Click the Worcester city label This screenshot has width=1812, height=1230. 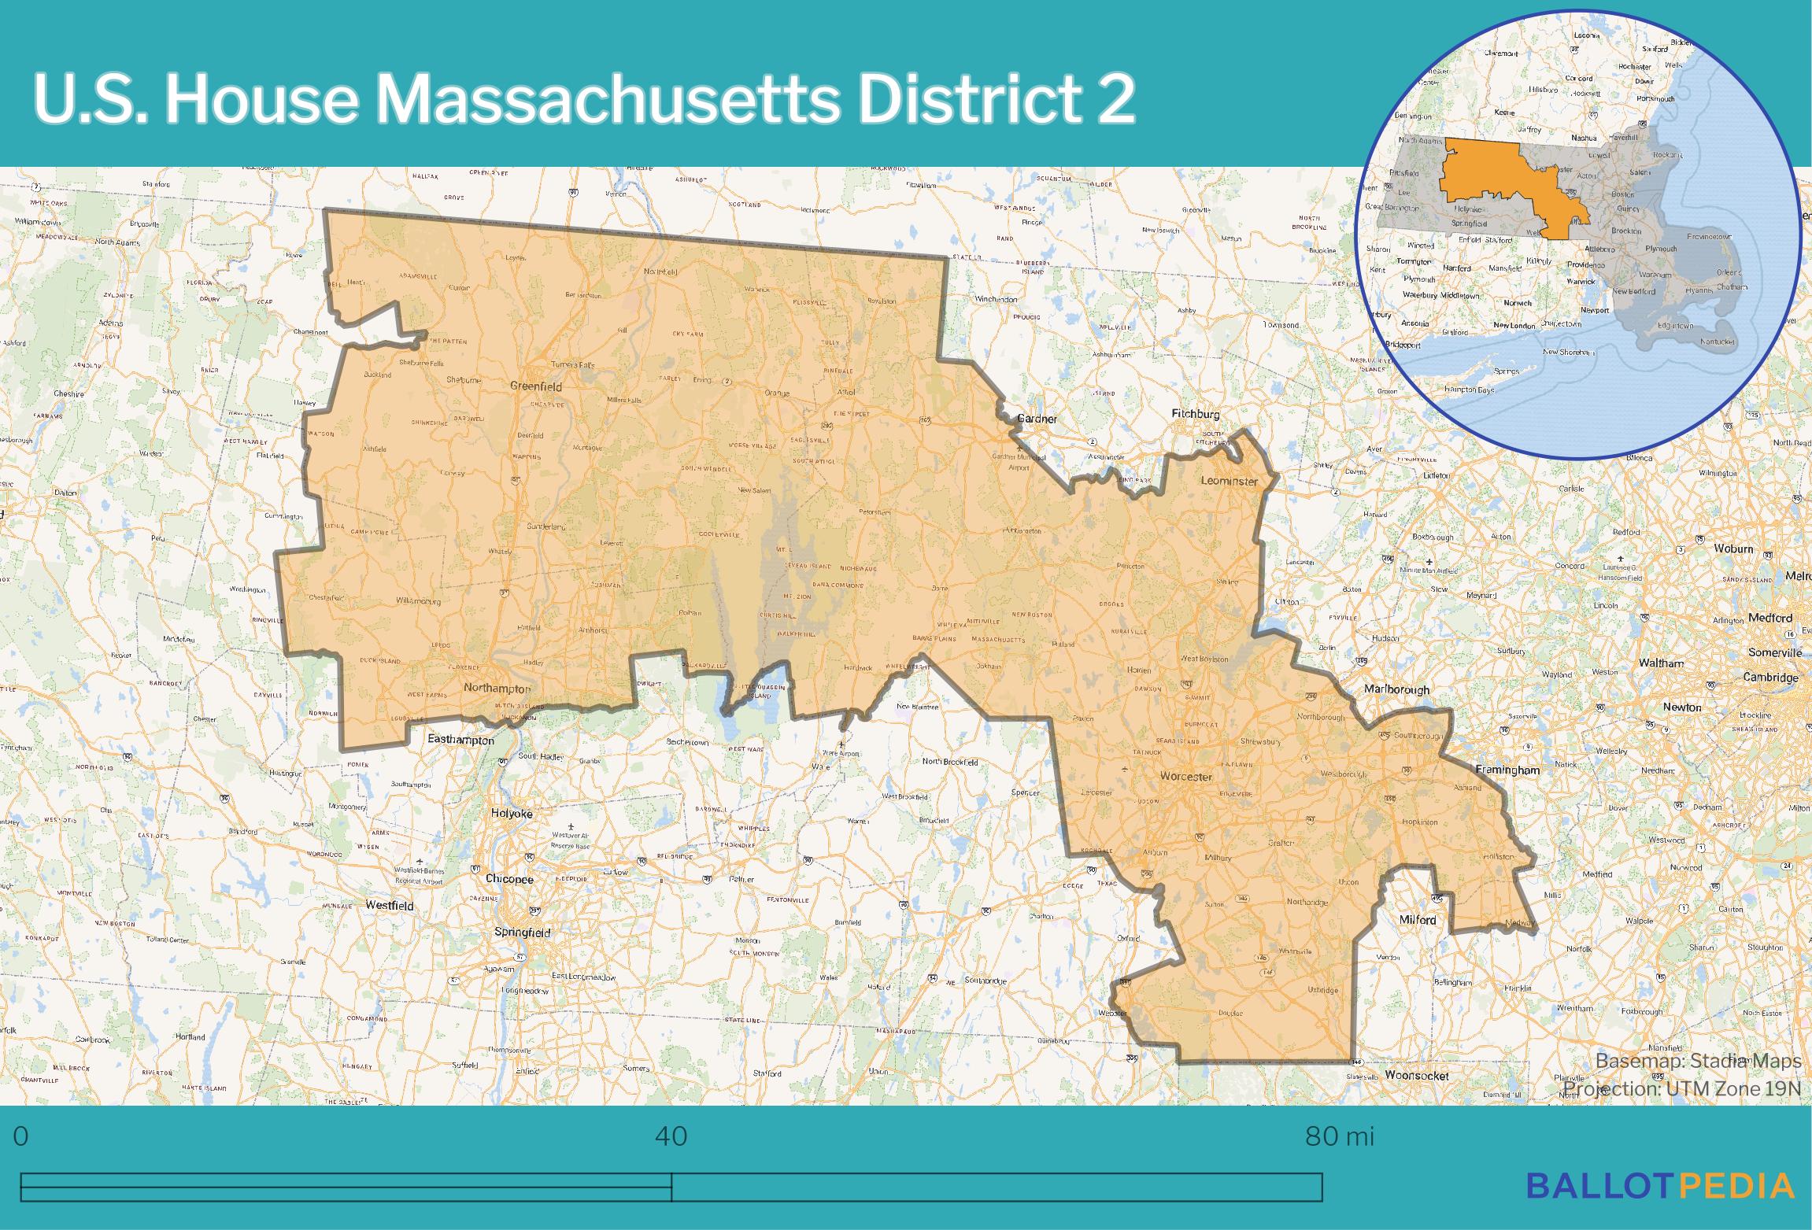[x=1185, y=777]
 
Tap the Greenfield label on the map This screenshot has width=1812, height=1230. [x=536, y=386]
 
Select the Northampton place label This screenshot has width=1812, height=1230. [x=497, y=688]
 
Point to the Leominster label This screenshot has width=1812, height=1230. [x=1229, y=481]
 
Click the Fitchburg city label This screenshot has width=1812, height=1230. [x=1196, y=414]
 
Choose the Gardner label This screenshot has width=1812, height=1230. [x=1037, y=419]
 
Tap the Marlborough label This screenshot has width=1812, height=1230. [x=1396, y=689]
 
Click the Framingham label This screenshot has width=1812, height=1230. [x=1507, y=770]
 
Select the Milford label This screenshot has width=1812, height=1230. [x=1417, y=919]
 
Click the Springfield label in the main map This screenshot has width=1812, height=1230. [x=522, y=933]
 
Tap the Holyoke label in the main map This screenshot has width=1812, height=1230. [x=512, y=814]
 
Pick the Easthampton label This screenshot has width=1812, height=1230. [x=460, y=741]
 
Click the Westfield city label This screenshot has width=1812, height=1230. [x=389, y=906]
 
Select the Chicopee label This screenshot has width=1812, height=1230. [x=509, y=879]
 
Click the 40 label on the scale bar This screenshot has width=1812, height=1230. [x=671, y=1137]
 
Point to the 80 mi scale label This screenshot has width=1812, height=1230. [x=1340, y=1137]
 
